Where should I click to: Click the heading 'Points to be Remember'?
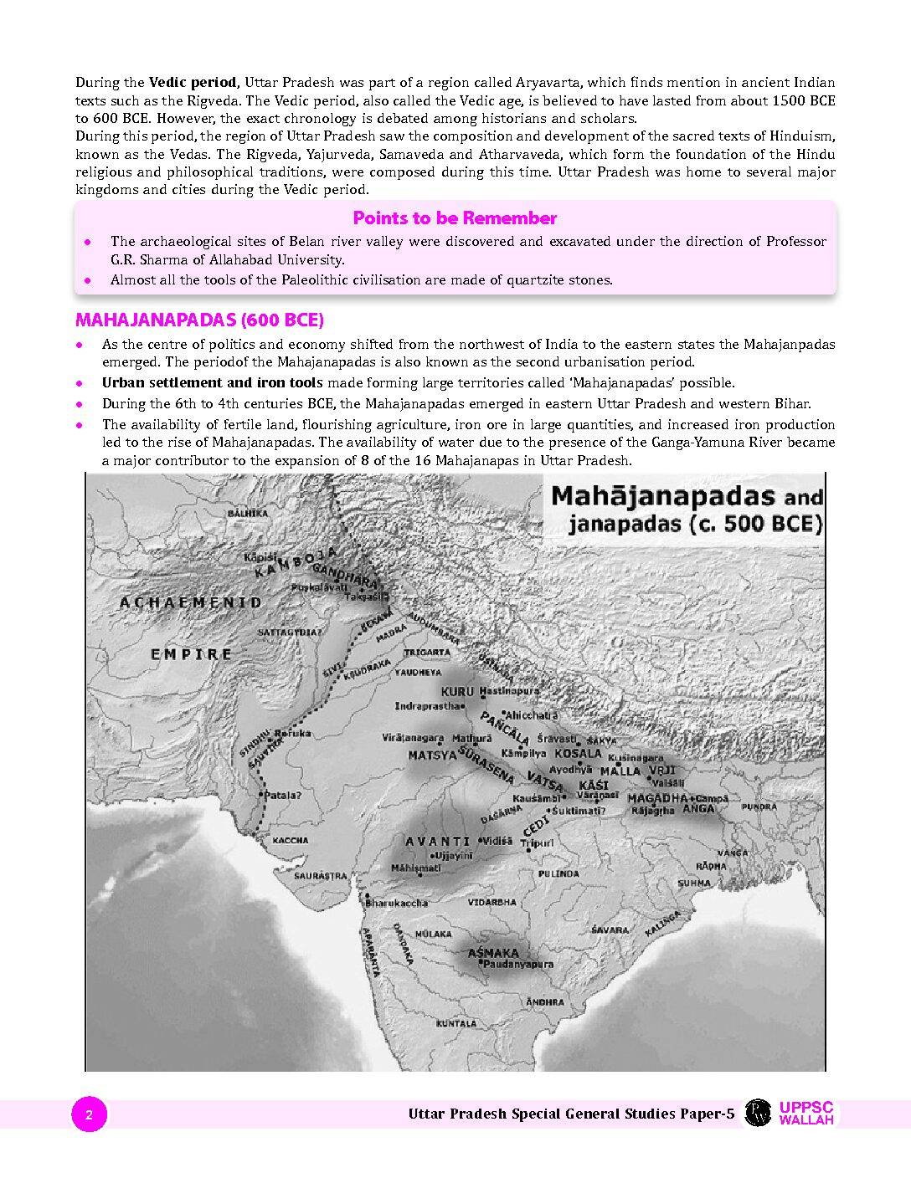point(455,218)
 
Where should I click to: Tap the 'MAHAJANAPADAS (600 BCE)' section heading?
point(199,320)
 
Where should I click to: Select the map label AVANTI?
point(438,841)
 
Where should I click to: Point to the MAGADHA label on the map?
point(656,798)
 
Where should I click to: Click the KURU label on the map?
point(457,692)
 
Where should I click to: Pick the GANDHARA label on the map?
point(344,577)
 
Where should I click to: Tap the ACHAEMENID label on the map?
point(191,602)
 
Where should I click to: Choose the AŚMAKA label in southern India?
point(493,953)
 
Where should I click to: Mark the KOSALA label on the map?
point(578,753)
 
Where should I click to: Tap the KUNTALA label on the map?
point(456,1023)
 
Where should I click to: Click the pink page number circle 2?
point(89,1114)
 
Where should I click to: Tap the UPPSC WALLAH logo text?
point(806,1114)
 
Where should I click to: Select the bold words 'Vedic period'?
point(193,83)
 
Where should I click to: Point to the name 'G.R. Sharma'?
point(144,259)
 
